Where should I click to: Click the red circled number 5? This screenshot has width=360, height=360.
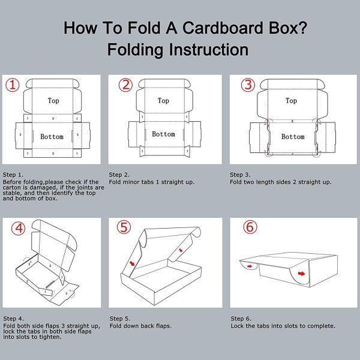pos(124,227)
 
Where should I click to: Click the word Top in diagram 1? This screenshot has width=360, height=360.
pos(53,101)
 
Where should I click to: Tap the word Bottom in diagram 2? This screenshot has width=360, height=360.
pos(163,134)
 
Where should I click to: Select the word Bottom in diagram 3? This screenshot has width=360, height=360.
pos(293,137)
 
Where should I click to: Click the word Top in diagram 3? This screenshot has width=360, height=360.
pos(291,101)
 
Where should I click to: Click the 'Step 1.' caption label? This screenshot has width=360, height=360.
pos(13,174)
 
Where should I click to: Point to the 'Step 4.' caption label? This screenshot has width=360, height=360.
pos(13,319)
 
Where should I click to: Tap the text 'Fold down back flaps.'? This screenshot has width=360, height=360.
pos(140,326)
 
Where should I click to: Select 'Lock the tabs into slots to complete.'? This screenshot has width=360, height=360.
pos(283,326)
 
